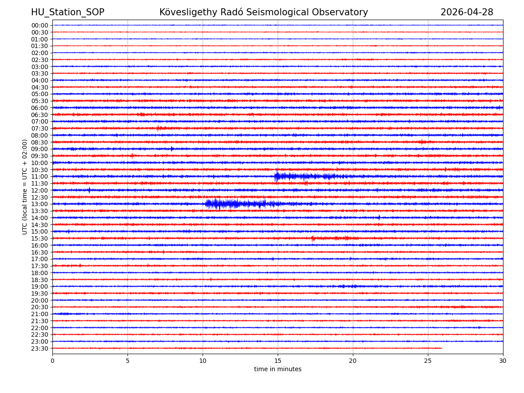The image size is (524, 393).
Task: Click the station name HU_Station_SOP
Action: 67,13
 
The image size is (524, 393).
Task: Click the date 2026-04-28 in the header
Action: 466,13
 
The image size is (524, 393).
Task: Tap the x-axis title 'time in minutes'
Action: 278,369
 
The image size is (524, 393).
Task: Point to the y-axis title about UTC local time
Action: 25,187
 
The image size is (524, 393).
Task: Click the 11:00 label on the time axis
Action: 40,176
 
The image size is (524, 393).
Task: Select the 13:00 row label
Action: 40,204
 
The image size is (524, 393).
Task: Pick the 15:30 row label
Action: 40,238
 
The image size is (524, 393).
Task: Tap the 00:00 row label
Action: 40,25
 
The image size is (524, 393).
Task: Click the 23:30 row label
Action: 40,348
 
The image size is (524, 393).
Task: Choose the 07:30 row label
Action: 40,128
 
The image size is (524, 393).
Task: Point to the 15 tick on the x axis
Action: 278,361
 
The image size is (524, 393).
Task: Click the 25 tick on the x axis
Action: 428,361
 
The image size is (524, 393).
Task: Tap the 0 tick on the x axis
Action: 52,361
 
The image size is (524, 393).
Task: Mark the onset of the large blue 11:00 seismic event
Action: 275,176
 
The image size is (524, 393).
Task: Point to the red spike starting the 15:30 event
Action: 312,238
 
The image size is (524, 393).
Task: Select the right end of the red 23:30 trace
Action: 442,348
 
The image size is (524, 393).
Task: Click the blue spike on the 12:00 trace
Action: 89,190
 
